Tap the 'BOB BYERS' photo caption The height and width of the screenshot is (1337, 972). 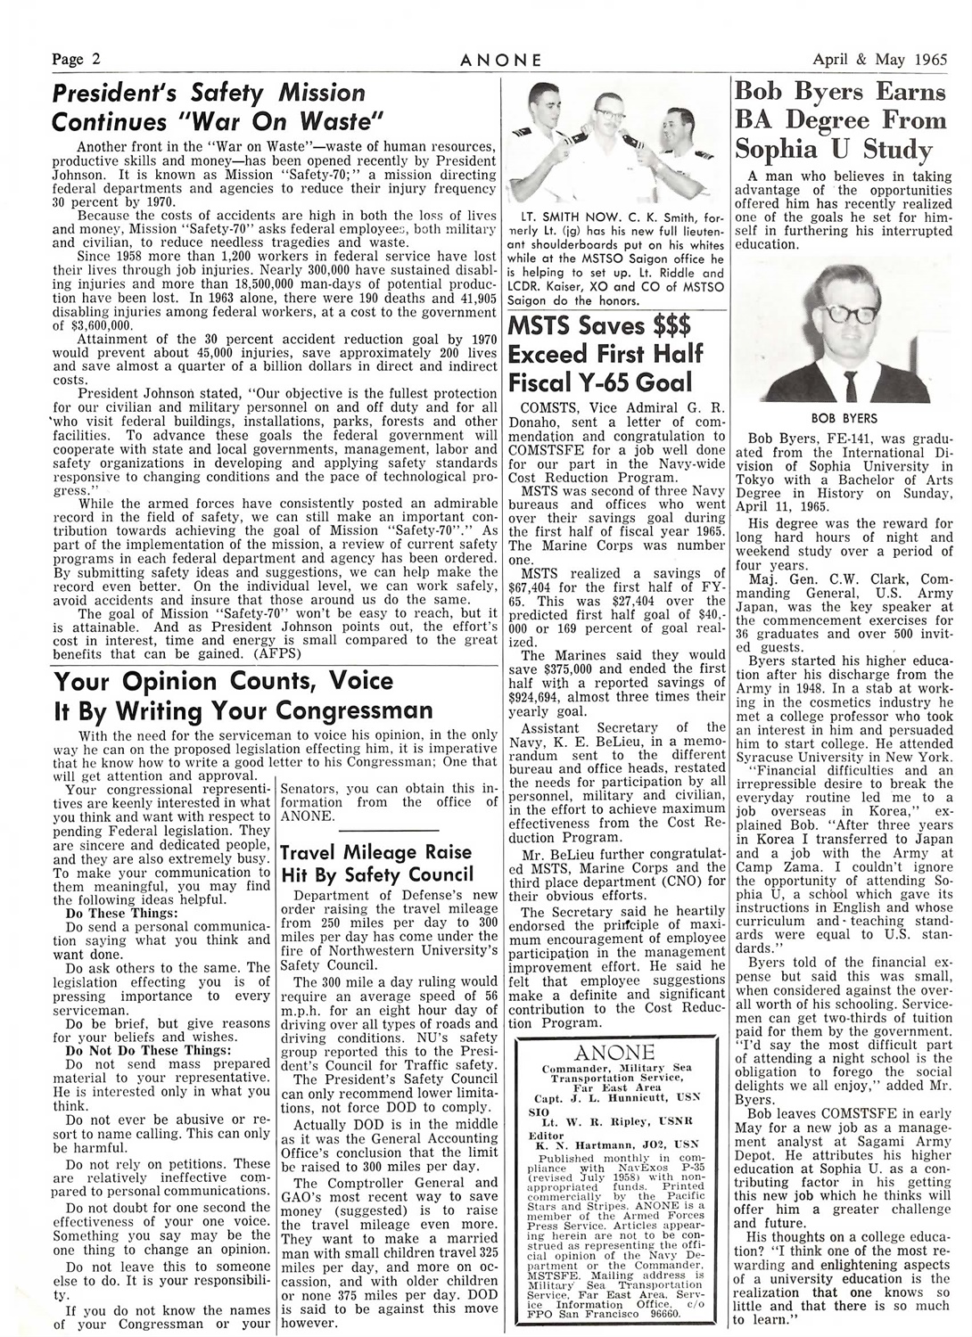point(844,417)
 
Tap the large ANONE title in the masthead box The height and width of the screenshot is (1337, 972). point(615,1053)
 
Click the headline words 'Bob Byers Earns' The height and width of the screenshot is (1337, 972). point(839,92)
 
